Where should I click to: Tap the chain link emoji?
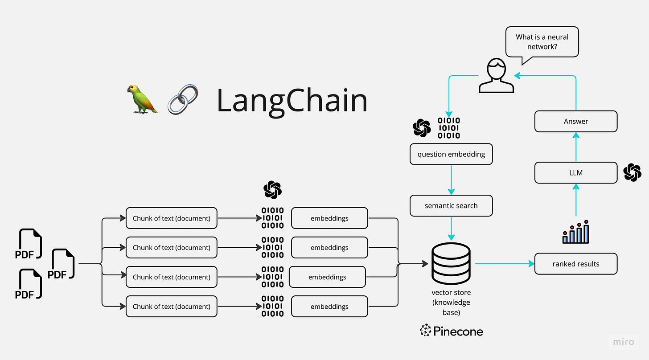183,99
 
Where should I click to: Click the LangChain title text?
292,101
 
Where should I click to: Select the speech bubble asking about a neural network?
542,42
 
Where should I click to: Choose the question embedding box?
451,154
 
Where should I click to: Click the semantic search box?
451,205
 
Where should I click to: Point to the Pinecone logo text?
452,331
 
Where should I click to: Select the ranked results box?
576,264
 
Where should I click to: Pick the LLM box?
576,172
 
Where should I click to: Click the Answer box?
576,121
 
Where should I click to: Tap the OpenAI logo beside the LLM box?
632,172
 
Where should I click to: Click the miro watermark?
624,342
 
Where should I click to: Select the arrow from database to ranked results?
504,264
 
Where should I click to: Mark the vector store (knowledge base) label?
451,303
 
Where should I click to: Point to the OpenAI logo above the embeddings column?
272,190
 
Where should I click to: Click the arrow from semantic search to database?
451,228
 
